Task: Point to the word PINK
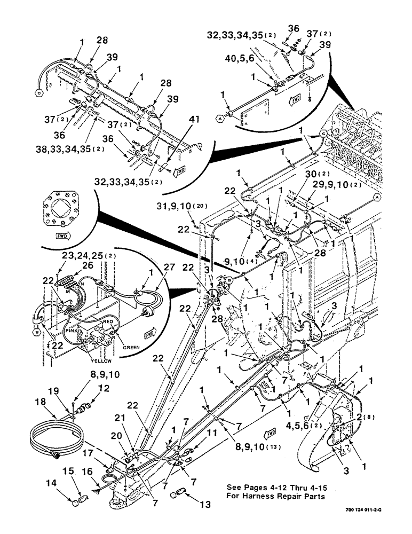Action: [71, 331]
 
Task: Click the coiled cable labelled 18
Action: [53, 436]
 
